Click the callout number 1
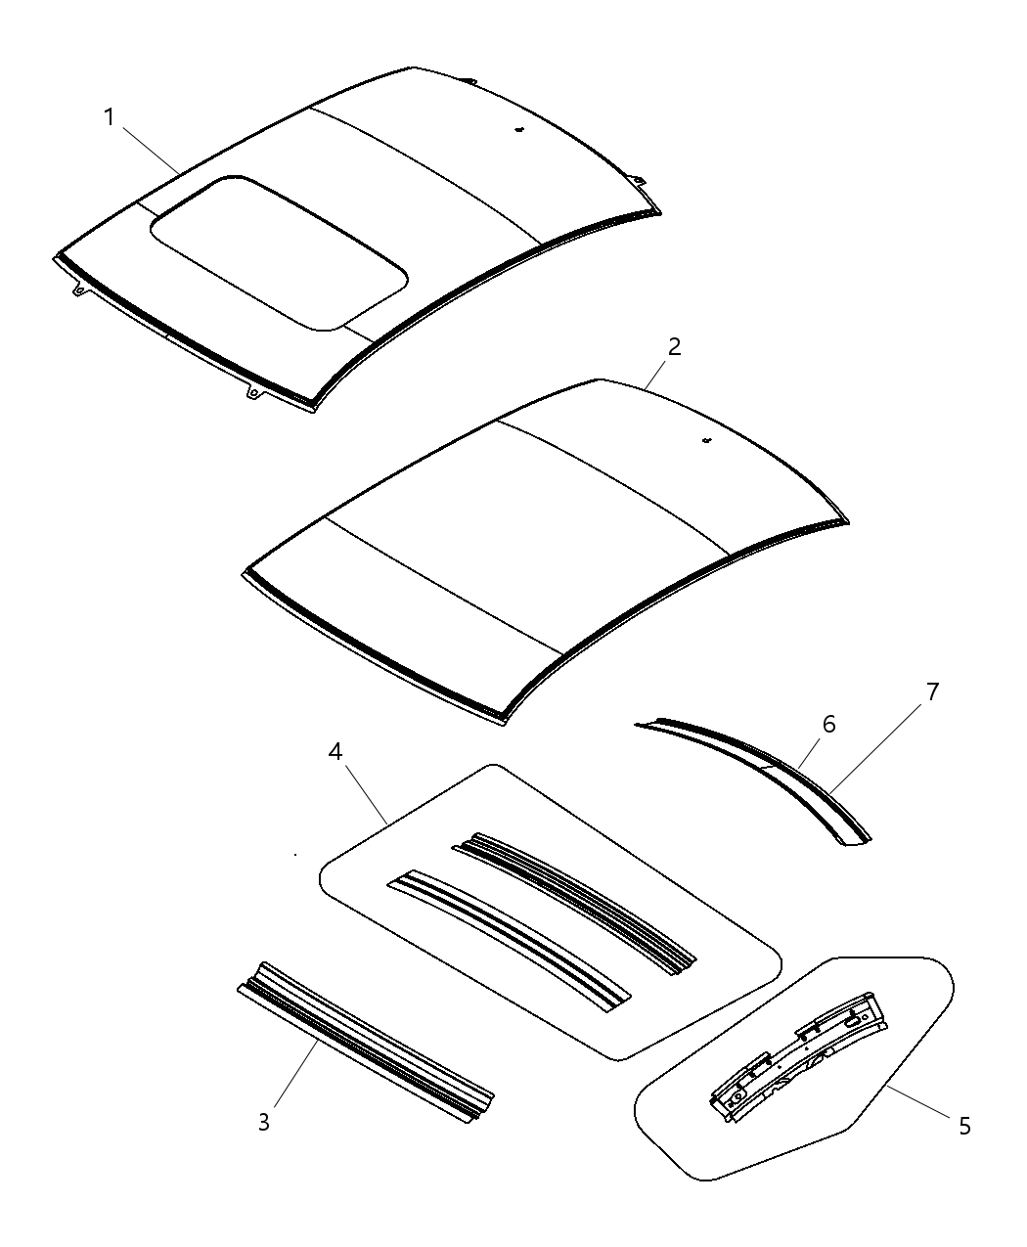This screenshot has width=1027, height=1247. [110, 118]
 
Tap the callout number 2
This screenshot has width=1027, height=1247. [674, 348]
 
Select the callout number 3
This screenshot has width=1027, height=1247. [263, 1122]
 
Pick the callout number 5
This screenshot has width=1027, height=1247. [964, 1127]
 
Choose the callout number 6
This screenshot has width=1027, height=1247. [828, 725]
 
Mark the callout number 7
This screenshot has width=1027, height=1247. [932, 692]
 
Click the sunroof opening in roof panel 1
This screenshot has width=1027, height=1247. [279, 250]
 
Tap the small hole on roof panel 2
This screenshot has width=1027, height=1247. [703, 442]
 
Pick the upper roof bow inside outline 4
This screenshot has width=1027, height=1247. [577, 900]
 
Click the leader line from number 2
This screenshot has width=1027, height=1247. [658, 376]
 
